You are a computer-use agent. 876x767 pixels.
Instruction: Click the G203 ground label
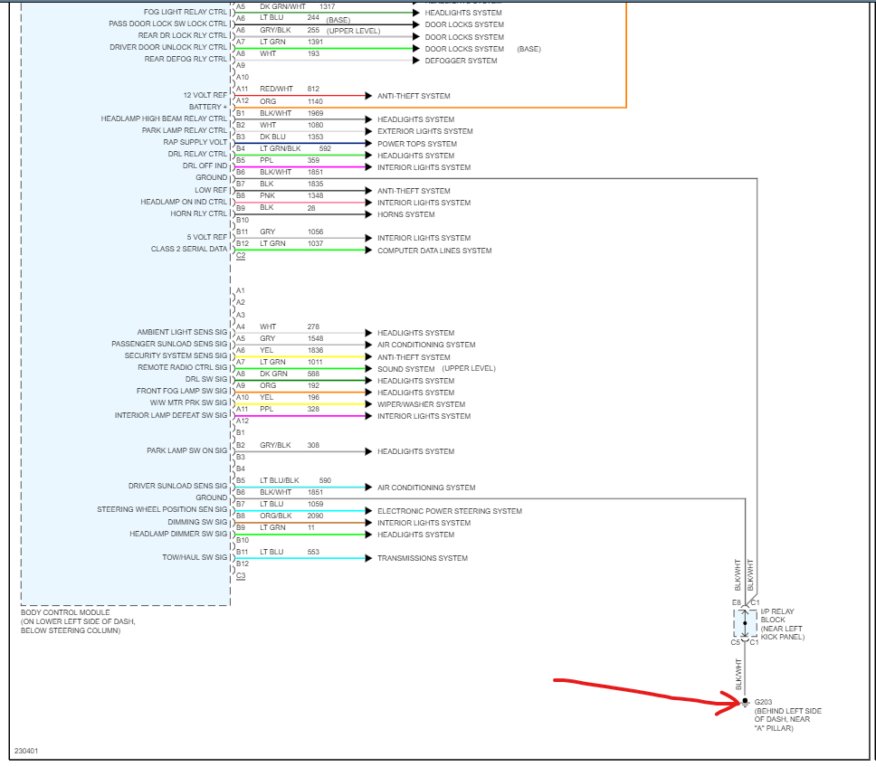tap(764, 702)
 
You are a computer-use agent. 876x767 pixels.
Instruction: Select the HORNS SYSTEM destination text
tap(406, 214)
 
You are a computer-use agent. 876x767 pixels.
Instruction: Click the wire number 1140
tap(314, 101)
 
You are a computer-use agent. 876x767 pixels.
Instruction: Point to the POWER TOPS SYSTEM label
tap(417, 144)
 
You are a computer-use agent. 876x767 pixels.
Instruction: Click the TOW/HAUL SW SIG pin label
tap(195, 557)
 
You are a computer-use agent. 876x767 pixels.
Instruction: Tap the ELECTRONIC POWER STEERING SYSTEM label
tap(450, 511)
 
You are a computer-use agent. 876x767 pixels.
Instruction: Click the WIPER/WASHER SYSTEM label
tap(422, 404)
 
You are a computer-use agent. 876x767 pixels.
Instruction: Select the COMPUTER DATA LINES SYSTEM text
tap(434, 251)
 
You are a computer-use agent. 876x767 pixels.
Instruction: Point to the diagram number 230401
tap(26, 751)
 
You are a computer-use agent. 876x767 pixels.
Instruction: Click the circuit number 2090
tap(315, 516)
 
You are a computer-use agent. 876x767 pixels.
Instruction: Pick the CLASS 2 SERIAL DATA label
tap(189, 249)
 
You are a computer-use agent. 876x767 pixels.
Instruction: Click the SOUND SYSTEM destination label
tap(406, 369)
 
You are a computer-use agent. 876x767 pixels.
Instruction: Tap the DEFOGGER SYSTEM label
tap(461, 61)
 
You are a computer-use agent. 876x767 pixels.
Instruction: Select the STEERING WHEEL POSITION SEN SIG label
tap(162, 510)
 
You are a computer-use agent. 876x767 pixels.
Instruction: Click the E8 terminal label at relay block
tap(736, 601)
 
